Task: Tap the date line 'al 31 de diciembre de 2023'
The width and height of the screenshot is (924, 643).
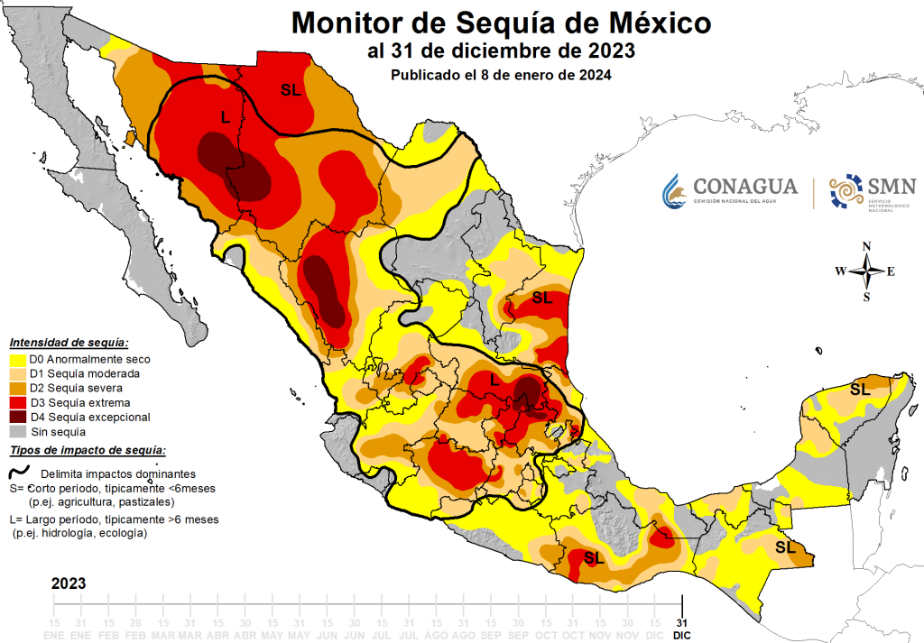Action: (502, 50)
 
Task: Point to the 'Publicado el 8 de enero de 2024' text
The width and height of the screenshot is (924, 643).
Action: (502, 76)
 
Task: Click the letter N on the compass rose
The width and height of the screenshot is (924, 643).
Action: (866, 246)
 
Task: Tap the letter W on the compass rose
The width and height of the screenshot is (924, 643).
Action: (839, 271)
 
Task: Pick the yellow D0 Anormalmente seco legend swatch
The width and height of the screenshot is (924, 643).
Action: (17, 359)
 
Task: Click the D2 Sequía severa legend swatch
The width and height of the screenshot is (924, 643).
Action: (17, 388)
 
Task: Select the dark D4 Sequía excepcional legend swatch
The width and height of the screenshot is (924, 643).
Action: (17, 417)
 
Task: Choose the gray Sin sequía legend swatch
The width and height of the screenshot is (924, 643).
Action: (17, 431)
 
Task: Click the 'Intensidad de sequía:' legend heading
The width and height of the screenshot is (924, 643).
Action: (69, 343)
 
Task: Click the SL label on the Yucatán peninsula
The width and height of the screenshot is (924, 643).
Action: (860, 390)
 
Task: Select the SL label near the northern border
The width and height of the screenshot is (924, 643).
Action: (291, 89)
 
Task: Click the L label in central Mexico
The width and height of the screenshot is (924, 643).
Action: (494, 381)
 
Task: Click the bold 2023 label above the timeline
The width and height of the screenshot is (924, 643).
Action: (69, 583)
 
